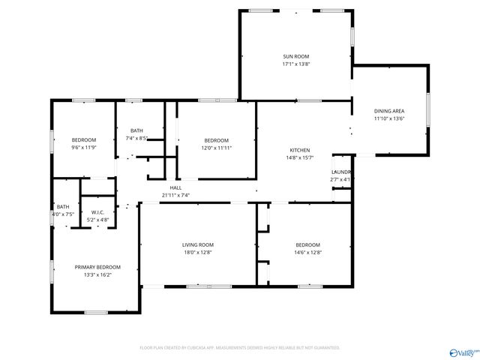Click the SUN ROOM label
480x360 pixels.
click(x=295, y=56)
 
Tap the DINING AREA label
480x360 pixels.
click(x=389, y=110)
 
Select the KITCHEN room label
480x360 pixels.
click(x=300, y=150)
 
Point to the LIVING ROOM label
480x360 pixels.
click(x=198, y=244)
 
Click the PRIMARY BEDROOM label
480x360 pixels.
click(x=97, y=267)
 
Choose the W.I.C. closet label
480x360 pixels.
click(x=97, y=212)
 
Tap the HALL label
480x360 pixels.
click(x=175, y=187)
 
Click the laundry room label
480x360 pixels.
click(x=341, y=172)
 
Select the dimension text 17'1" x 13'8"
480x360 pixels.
click(x=295, y=64)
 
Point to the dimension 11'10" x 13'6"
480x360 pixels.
click(x=389, y=118)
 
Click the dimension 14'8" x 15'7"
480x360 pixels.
click(x=300, y=157)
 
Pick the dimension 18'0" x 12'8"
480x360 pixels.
click(x=198, y=253)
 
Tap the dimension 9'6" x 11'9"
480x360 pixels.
click(x=84, y=148)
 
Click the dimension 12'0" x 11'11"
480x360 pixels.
click(x=217, y=148)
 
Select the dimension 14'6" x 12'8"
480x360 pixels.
click(x=307, y=253)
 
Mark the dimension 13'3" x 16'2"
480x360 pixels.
click(x=97, y=275)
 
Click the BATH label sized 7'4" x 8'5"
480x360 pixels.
click(x=136, y=130)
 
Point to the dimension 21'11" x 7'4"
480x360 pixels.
click(x=175, y=195)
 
